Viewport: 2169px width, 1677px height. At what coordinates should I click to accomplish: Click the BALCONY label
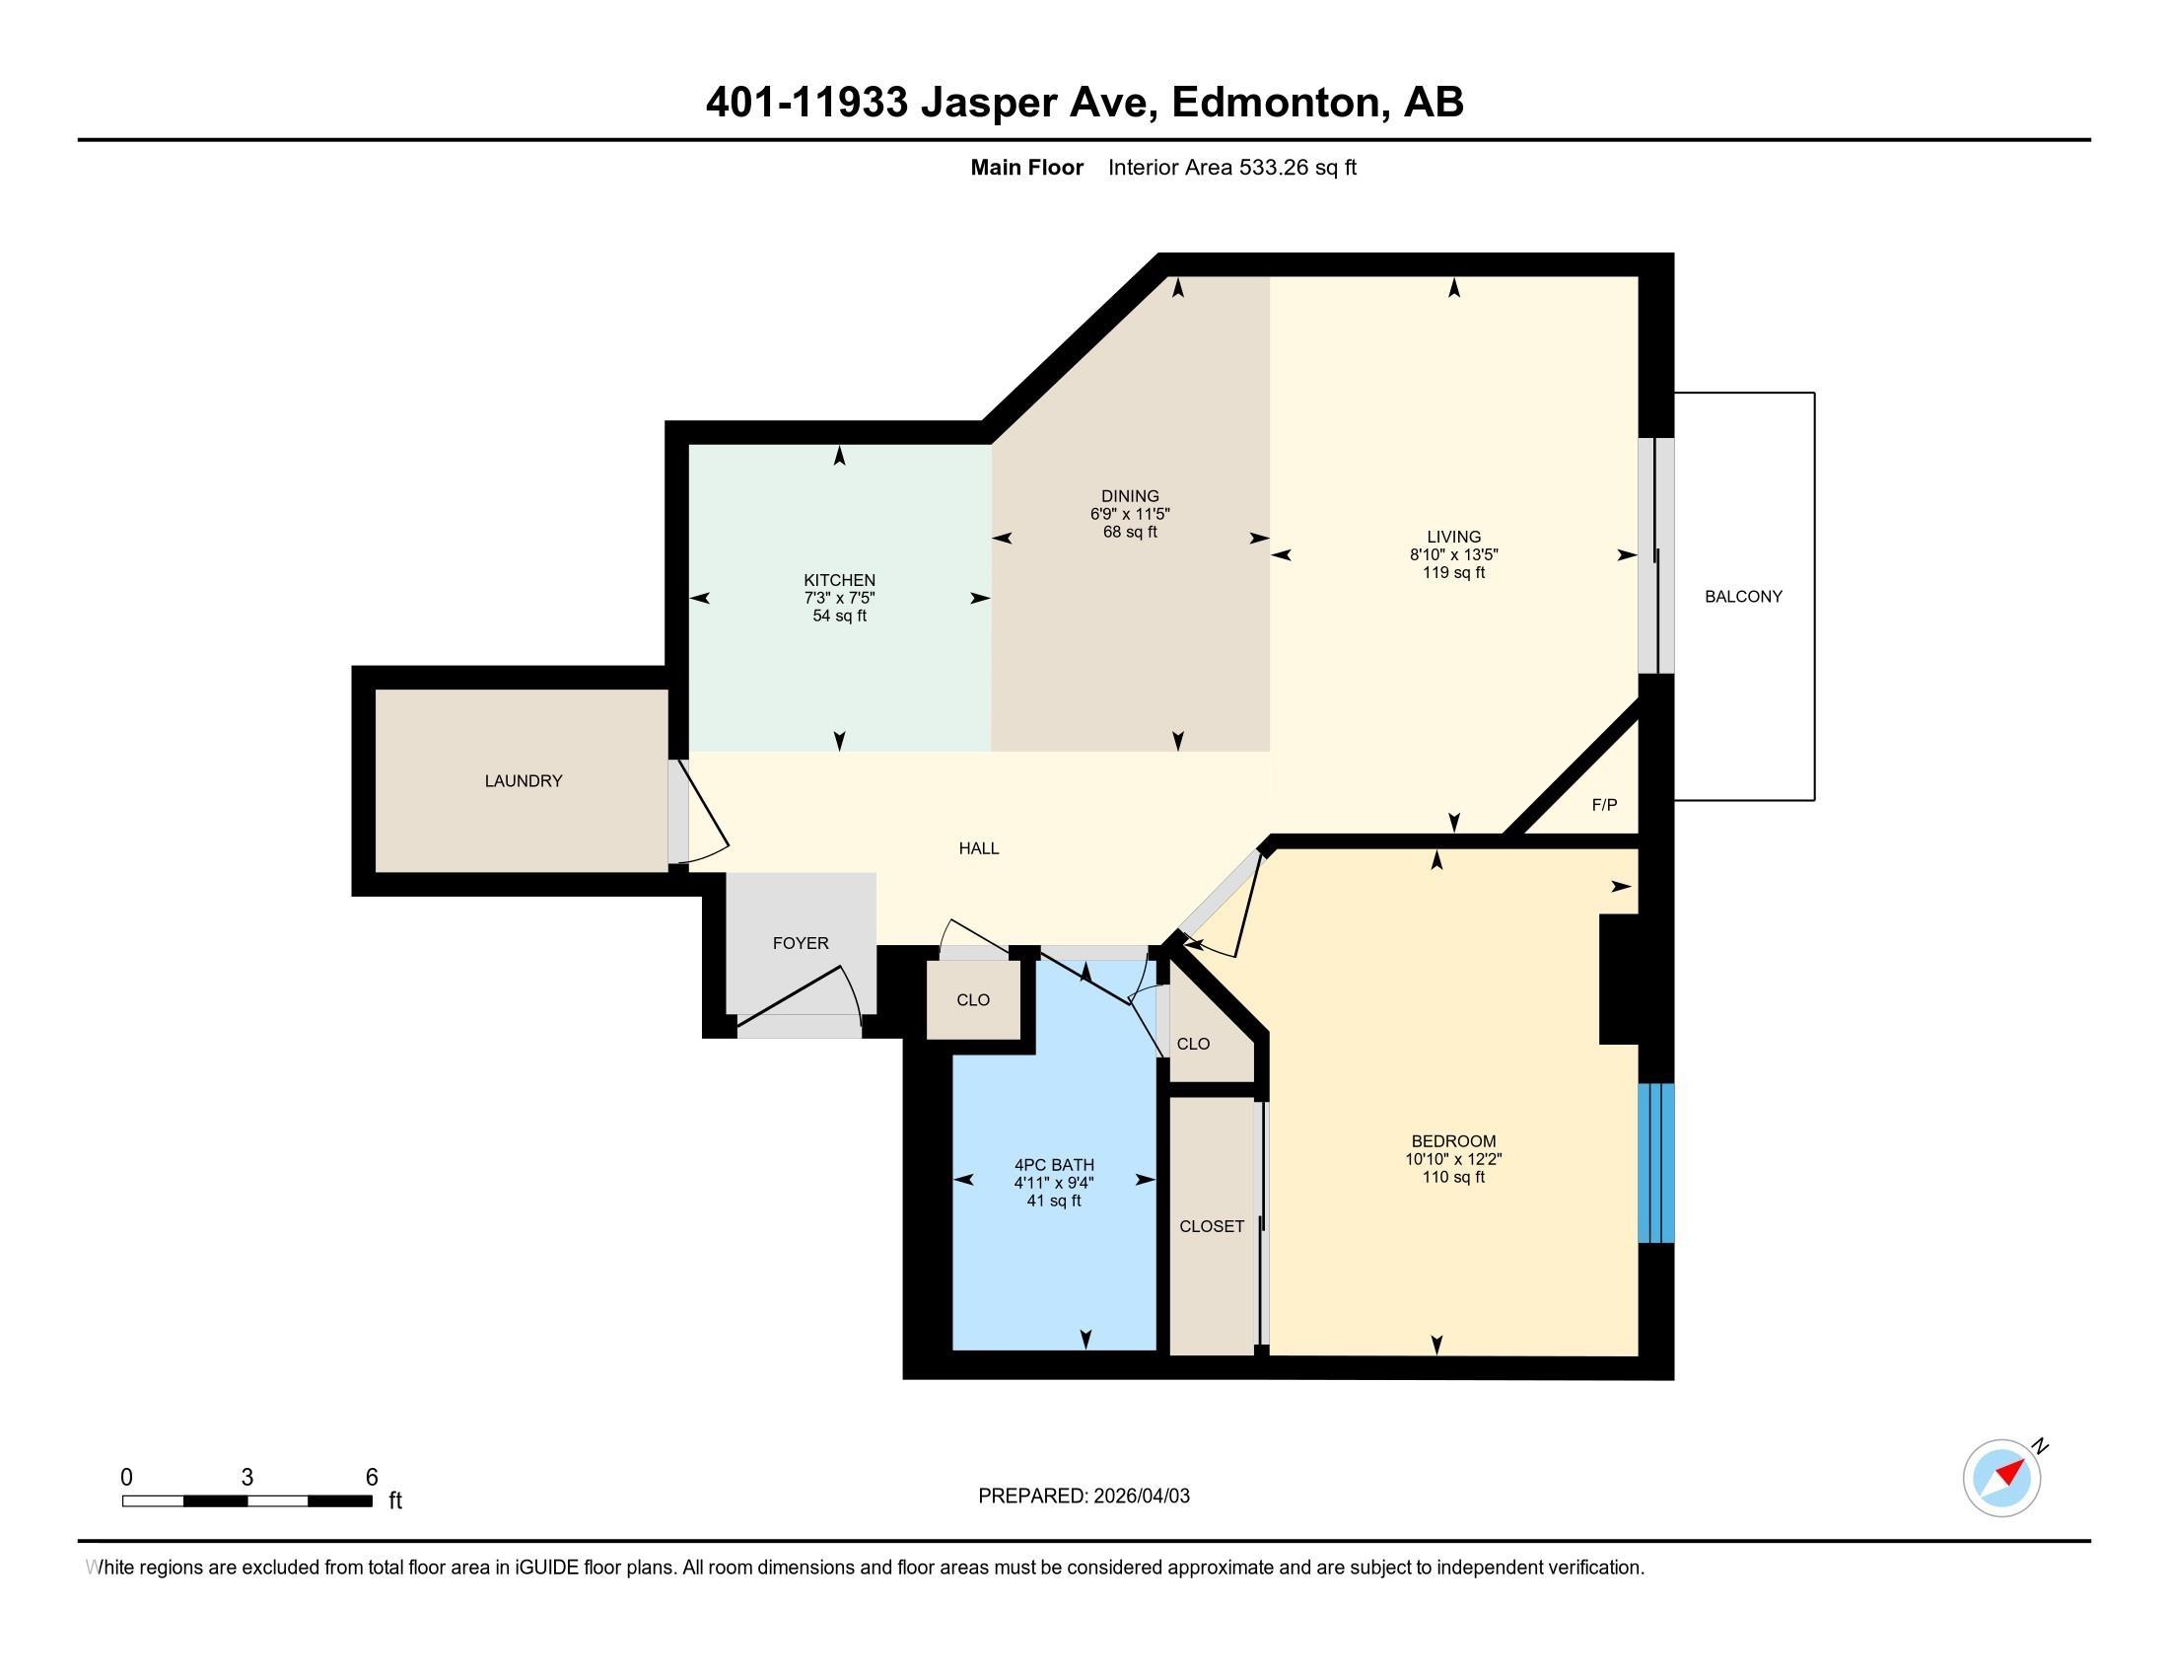[x=1743, y=596]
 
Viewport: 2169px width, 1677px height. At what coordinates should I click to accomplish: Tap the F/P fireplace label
[x=1604, y=805]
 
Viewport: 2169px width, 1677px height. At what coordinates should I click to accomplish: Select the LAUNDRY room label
[x=524, y=781]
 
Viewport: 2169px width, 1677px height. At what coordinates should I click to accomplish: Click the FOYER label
[x=801, y=943]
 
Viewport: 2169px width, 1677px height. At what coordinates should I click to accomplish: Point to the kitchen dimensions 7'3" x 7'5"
[x=839, y=598]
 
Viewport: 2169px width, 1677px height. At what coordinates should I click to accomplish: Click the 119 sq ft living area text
[x=1453, y=573]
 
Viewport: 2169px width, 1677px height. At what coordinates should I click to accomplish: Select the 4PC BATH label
[x=1054, y=1164]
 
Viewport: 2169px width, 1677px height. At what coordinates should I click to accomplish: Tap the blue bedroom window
[x=1654, y=1162]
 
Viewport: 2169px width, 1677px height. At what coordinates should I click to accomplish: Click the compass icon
[x=2001, y=1478]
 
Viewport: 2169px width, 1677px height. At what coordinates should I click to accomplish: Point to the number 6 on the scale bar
[x=372, y=1478]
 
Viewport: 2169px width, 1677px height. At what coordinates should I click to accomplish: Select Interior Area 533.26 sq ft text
[x=1231, y=168]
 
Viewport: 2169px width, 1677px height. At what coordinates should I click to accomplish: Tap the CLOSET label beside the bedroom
[x=1212, y=1227]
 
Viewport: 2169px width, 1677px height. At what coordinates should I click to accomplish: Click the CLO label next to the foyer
[x=973, y=1000]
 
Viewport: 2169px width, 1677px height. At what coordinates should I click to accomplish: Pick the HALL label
[x=978, y=848]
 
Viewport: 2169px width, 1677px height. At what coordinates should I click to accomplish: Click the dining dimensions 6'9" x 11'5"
[x=1130, y=515]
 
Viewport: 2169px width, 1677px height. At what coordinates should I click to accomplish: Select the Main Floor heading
[x=1026, y=168]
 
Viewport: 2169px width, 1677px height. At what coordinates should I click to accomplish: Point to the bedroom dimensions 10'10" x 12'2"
[x=1453, y=1159]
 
